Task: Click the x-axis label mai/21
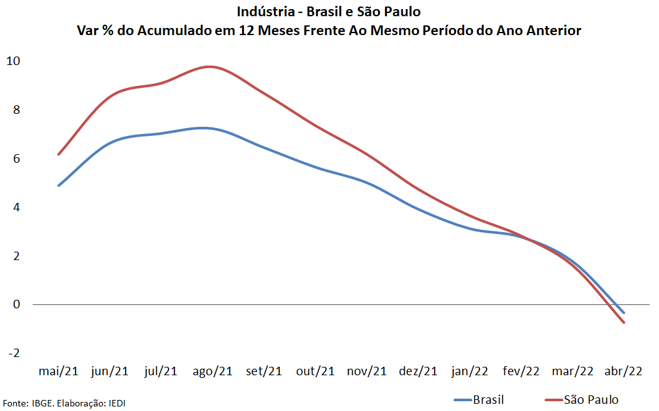click(x=59, y=371)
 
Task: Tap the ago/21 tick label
click(x=213, y=371)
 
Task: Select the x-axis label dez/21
click(x=418, y=371)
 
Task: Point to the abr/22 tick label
click(x=624, y=371)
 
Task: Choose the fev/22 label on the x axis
click(x=521, y=371)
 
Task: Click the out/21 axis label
click(x=316, y=371)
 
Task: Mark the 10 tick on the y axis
click(x=13, y=61)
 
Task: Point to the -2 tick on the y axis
click(x=13, y=353)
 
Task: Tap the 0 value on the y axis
click(x=16, y=304)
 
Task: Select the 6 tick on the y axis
click(x=16, y=159)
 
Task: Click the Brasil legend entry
click(x=488, y=400)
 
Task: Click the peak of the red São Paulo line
click(x=209, y=66)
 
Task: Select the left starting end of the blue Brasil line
click(x=59, y=185)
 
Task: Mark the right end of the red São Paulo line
click(x=624, y=323)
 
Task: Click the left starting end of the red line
click(x=59, y=154)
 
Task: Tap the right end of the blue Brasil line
click(x=624, y=313)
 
